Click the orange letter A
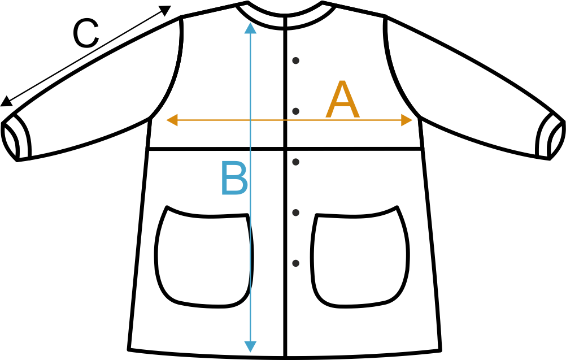[x=343, y=101]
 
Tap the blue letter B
[x=234, y=179]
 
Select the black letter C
[x=86, y=34]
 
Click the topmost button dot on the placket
[x=295, y=60]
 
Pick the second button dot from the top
[x=295, y=111]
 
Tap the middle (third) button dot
[x=295, y=162]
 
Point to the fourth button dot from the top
[x=295, y=212]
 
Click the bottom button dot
[x=295, y=263]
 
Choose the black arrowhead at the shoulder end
[x=165, y=10]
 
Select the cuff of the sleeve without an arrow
[x=551, y=136]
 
